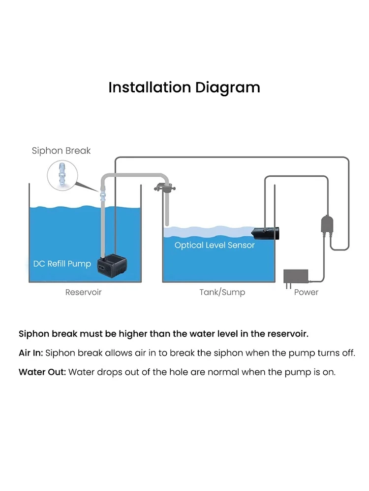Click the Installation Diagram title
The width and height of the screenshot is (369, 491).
[184, 87]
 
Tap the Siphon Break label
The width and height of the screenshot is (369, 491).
[61, 151]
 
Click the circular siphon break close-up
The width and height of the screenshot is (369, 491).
[62, 176]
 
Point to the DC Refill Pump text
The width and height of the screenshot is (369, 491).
[62, 264]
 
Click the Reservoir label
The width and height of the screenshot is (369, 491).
[84, 292]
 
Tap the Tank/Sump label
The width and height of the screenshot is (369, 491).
[222, 292]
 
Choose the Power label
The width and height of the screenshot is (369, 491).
[306, 292]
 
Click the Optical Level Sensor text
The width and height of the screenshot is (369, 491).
[215, 245]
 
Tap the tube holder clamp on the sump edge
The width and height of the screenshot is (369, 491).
[164, 189]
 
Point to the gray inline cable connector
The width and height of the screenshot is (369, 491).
[327, 225]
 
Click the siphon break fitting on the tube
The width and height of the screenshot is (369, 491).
[103, 195]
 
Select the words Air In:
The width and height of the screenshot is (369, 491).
[31, 353]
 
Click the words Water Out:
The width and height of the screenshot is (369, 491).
[42, 372]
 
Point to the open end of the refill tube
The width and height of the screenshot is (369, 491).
[167, 224]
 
